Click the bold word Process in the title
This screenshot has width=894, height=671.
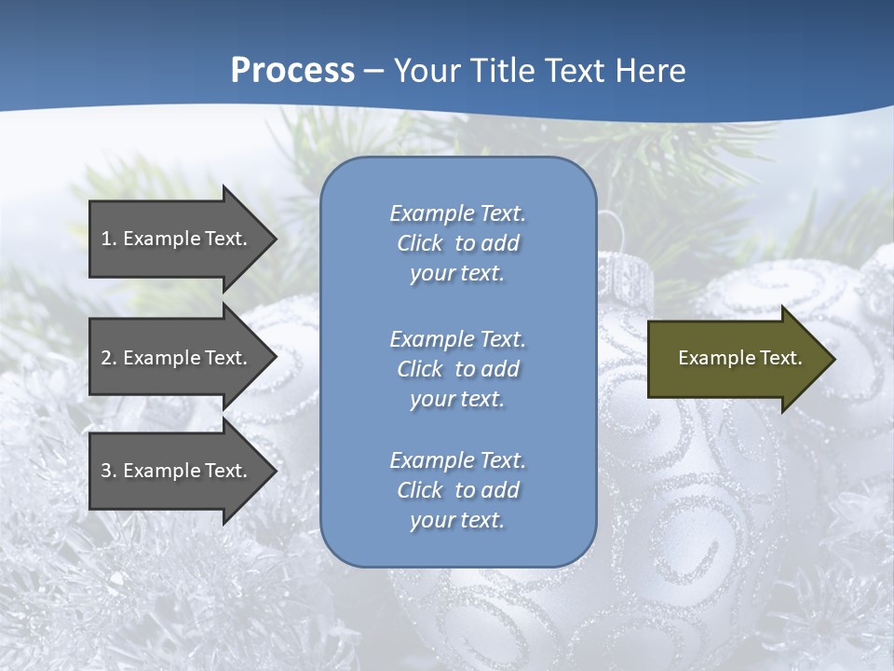tap(292, 71)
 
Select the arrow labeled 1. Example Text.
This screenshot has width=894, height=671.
tap(177, 239)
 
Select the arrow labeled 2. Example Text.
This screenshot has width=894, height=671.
tap(177, 358)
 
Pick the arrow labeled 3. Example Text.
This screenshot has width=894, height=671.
tap(177, 471)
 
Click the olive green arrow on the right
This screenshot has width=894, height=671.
tap(736, 358)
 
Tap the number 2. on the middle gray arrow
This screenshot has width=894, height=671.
tap(109, 358)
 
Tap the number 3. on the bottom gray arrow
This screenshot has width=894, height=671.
tap(109, 471)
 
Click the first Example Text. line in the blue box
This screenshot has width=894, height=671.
tap(457, 213)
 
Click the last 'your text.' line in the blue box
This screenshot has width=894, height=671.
tap(457, 520)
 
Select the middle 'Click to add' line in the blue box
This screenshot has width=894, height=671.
tap(457, 369)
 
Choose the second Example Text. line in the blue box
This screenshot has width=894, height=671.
tap(457, 338)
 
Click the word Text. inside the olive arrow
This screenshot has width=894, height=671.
tap(780, 358)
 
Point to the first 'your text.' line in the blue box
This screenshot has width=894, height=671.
tap(457, 273)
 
